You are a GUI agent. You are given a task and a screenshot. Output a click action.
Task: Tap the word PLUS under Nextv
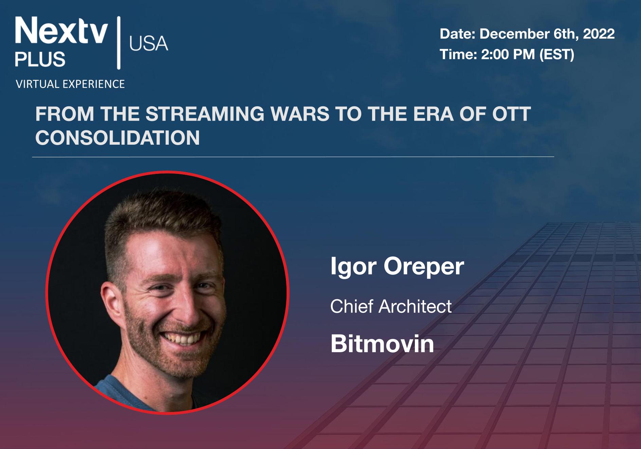point(40,59)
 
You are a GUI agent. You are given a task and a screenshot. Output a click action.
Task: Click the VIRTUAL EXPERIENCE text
point(70,84)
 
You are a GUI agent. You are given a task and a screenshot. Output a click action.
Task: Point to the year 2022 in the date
point(599,34)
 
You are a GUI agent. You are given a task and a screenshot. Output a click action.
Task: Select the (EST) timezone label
point(557,55)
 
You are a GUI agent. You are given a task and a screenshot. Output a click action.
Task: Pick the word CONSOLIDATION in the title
point(117,138)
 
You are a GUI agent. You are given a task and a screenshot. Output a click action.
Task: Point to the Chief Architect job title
point(391,306)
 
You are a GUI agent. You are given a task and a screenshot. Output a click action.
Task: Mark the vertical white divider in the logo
point(118,43)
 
